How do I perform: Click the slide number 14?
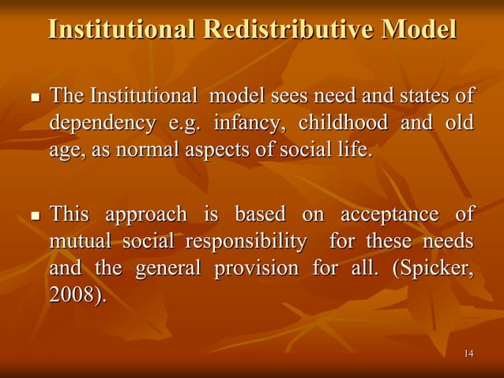469,353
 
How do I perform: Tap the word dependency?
102,124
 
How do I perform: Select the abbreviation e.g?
184,124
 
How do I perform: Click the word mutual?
81,241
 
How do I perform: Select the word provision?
256,268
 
